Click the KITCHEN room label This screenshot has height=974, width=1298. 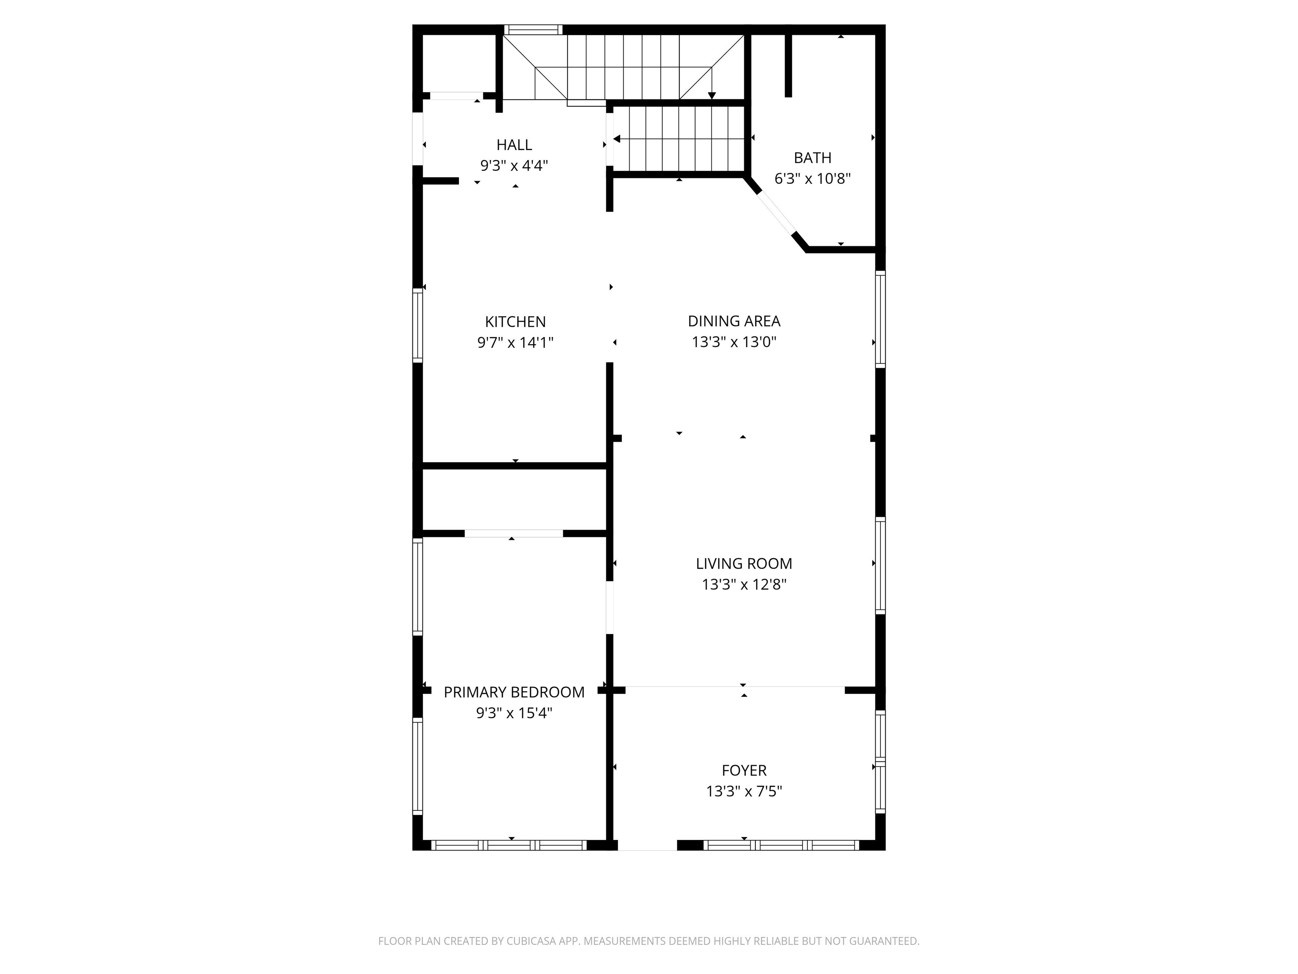coord(515,322)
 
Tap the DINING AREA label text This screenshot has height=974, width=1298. coord(734,321)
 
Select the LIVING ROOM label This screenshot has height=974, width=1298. coord(744,564)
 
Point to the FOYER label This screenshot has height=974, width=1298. coord(744,770)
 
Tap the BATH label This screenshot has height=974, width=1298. coord(812,158)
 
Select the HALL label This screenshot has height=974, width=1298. coord(514,145)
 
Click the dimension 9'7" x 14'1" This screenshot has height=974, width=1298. coord(515,342)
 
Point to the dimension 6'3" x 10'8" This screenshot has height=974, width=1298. coord(812,178)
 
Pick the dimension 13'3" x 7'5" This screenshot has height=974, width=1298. coord(744,791)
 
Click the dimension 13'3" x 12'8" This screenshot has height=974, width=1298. coord(744,585)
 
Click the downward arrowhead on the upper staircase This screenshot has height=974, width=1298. coord(712,95)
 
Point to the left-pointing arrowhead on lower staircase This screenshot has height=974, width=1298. coord(617,139)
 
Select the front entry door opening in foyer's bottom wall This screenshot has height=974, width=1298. coord(647,845)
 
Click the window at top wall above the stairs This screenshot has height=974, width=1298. coord(533,29)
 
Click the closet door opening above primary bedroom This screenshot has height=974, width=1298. coord(513,533)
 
